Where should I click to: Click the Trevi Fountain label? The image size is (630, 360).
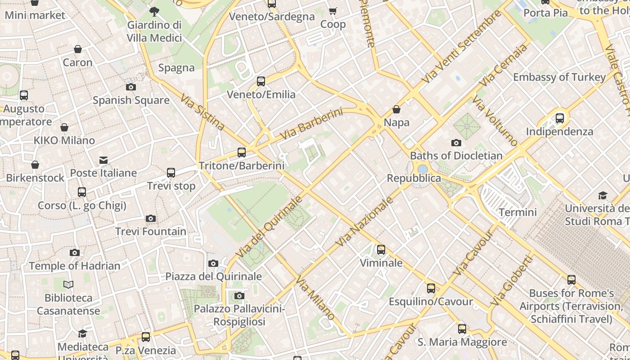click(x=151, y=232)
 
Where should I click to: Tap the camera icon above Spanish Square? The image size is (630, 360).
click(x=131, y=87)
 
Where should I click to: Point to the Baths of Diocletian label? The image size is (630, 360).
click(x=456, y=156)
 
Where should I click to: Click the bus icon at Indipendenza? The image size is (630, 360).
click(x=560, y=118)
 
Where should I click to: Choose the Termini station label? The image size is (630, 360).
click(x=518, y=212)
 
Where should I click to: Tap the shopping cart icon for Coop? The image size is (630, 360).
click(x=333, y=11)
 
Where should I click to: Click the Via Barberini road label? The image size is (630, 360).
click(x=311, y=124)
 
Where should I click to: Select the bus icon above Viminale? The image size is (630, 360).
click(x=381, y=249)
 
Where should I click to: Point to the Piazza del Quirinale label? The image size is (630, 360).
click(x=214, y=276)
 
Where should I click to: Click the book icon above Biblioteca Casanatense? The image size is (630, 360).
click(x=68, y=284)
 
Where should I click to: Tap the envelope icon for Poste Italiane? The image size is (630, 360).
click(x=103, y=160)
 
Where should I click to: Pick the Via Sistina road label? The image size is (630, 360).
click(x=202, y=112)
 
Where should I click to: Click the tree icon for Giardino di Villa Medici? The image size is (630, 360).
click(x=154, y=12)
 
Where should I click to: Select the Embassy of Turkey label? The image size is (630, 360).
click(x=559, y=77)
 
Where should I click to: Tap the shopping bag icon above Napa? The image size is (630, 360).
click(x=396, y=109)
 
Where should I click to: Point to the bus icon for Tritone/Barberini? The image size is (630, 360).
click(x=242, y=153)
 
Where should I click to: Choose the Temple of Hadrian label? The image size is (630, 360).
click(x=75, y=266)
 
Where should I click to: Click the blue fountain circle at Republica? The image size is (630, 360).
click(x=422, y=169)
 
